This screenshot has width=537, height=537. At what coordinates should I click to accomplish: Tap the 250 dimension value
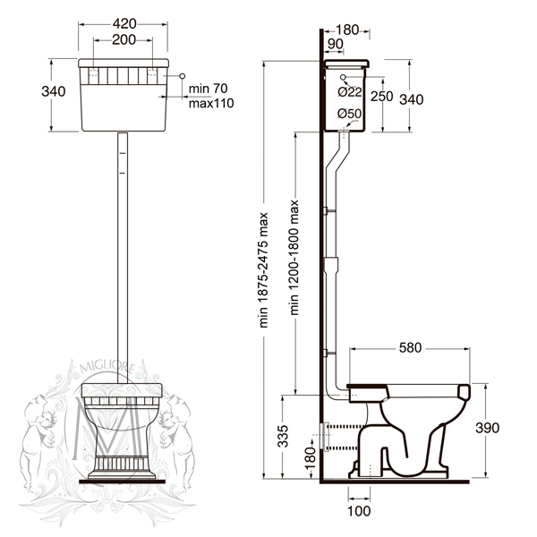tap(381, 97)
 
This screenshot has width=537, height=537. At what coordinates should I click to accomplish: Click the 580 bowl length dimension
tap(412, 346)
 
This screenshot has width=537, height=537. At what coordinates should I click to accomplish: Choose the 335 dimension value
tap(283, 437)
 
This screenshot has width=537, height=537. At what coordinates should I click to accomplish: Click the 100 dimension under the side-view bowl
tap(359, 511)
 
